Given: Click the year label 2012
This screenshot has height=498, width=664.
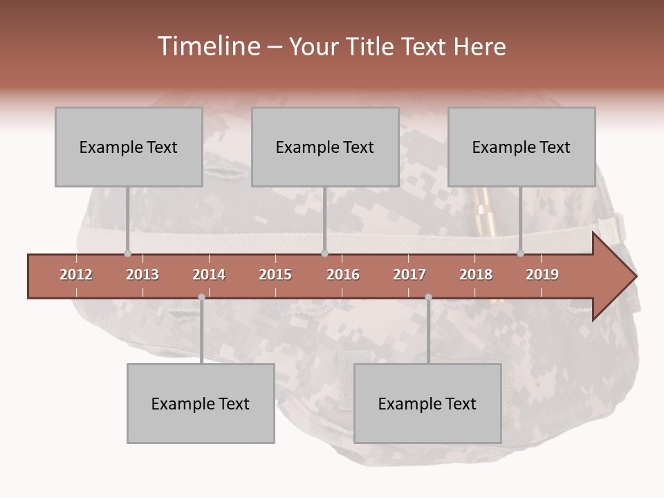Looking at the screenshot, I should pyautogui.click(x=76, y=275).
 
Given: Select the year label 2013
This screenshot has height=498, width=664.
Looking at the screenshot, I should pyautogui.click(x=142, y=275).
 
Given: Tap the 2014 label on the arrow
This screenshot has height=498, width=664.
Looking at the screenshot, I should pyautogui.click(x=209, y=275).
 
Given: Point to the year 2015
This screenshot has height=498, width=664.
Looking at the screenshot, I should pyautogui.click(x=275, y=275).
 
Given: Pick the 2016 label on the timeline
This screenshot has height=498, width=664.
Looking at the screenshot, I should pyautogui.click(x=343, y=275).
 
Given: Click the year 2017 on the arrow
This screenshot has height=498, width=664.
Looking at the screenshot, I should pyautogui.click(x=409, y=275).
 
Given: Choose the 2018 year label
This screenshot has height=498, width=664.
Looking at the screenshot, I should pyautogui.click(x=476, y=275).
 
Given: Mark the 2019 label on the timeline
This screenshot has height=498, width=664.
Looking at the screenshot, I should pyautogui.click(x=542, y=275).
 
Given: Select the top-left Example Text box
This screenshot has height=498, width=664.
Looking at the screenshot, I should pyautogui.click(x=129, y=147).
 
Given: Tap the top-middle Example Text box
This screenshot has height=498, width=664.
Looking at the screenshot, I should pyautogui.click(x=325, y=147).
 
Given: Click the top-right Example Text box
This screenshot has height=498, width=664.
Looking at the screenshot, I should pyautogui.click(x=522, y=147).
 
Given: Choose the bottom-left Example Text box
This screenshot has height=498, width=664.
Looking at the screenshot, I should pyautogui.click(x=201, y=403).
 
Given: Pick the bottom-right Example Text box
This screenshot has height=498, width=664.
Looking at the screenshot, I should pyautogui.click(x=427, y=403).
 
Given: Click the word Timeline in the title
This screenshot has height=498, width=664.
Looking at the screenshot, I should pyautogui.click(x=207, y=46).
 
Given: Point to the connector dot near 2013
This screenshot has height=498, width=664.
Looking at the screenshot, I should pyautogui.click(x=127, y=253).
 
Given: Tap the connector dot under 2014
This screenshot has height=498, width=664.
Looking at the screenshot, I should pyautogui.click(x=201, y=297).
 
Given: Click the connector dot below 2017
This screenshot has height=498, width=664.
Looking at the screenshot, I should pyautogui.click(x=428, y=297).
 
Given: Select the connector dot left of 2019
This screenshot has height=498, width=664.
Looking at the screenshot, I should pyautogui.click(x=521, y=253).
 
